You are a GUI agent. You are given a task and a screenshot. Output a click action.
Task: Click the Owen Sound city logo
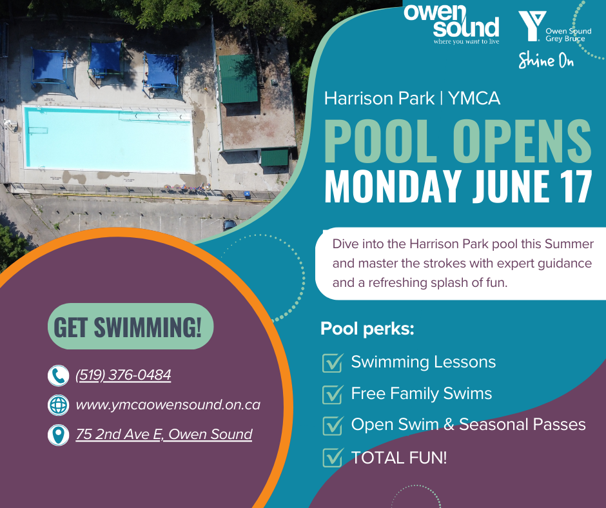(452, 24)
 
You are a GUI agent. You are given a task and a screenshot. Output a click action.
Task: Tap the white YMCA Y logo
(532, 26)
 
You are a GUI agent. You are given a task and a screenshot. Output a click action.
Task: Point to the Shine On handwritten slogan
(545, 60)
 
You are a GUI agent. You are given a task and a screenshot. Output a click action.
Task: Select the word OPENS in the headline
(522, 141)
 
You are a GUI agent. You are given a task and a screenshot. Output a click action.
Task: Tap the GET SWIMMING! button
(131, 326)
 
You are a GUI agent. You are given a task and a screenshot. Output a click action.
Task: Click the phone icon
(59, 375)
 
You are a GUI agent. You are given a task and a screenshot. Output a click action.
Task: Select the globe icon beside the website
(59, 405)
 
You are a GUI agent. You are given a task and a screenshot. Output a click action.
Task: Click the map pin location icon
(59, 435)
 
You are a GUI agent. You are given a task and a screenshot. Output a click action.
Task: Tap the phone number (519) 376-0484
(123, 375)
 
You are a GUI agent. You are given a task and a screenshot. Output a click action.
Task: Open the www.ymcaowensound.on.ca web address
(168, 405)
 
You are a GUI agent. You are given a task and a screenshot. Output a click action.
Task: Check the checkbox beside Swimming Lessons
(333, 363)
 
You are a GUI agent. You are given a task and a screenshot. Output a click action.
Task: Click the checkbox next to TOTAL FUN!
(333, 457)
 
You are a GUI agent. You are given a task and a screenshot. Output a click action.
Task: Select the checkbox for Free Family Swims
(333, 395)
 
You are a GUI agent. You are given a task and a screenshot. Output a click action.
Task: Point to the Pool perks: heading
(367, 329)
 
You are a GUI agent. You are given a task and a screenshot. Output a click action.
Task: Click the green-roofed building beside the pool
(238, 79)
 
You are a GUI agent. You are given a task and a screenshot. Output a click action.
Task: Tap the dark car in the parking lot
(229, 224)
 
